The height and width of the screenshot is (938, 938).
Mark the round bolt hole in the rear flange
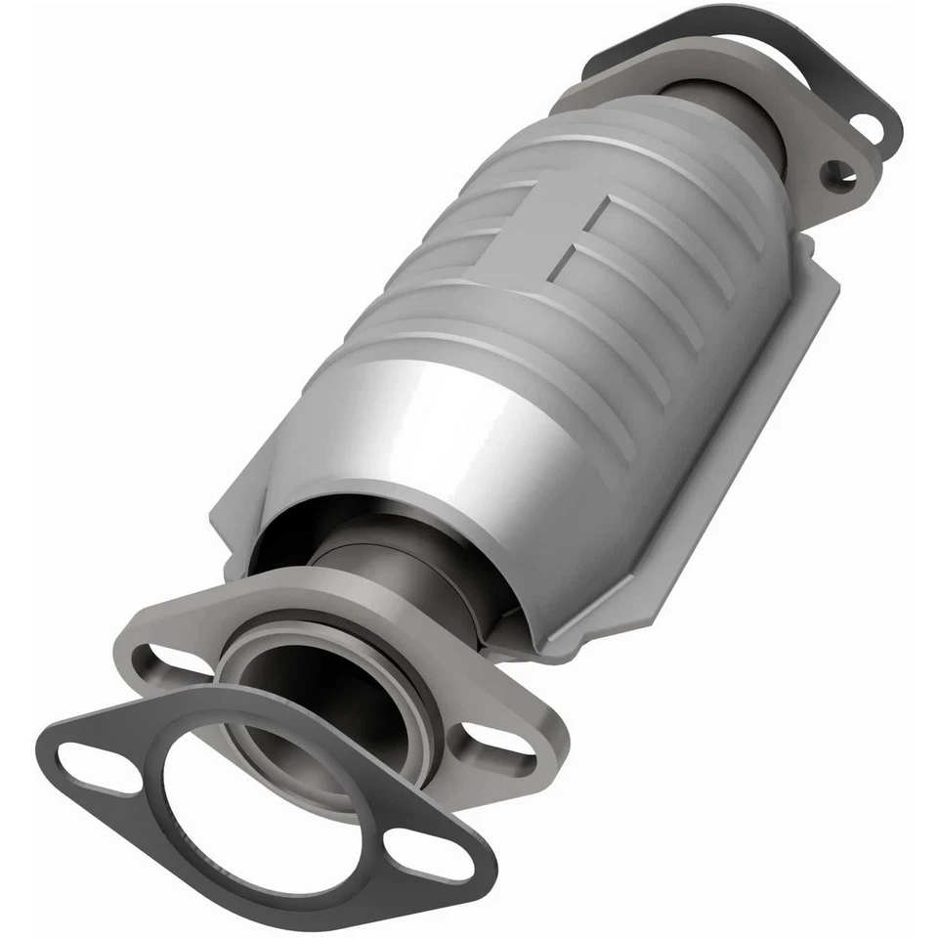click(x=836, y=174)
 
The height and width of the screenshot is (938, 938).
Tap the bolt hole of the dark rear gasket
click(x=868, y=127)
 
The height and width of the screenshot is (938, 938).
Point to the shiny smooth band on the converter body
click(x=430, y=420)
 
